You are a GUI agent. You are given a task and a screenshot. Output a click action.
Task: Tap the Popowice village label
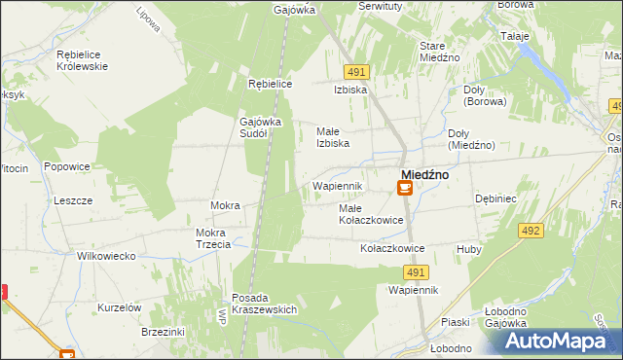(x=67, y=166)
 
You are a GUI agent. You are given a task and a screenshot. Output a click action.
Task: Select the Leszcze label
(x=73, y=199)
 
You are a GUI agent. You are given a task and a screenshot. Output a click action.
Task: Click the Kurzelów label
(x=120, y=307)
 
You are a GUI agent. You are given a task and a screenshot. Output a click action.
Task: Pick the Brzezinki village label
(x=135, y=331)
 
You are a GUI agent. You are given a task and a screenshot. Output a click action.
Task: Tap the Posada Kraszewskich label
(x=264, y=304)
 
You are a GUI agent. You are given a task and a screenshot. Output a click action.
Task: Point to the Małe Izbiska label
(x=333, y=137)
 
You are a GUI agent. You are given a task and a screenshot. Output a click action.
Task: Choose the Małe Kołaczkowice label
(x=370, y=214)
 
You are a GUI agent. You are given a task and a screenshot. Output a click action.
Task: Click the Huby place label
(x=469, y=249)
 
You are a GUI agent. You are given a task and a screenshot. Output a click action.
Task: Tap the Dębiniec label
(x=495, y=197)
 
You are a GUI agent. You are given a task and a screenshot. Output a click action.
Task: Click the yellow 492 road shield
(x=530, y=231)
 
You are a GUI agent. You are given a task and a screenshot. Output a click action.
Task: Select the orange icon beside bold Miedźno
(x=405, y=189)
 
